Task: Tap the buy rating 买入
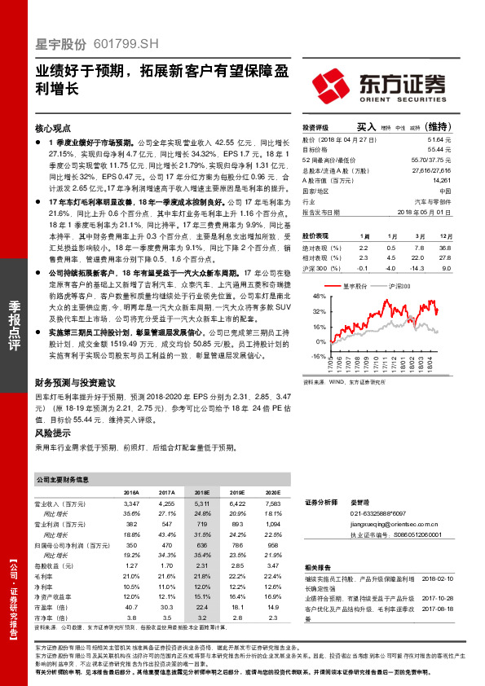tap(365, 127)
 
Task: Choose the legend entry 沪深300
tap(399, 286)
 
